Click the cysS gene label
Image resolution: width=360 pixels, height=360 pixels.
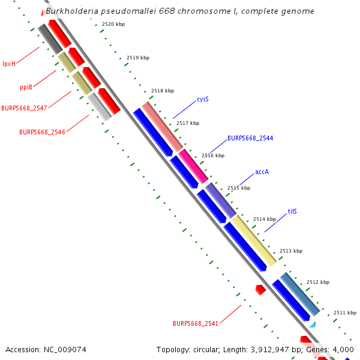[x=203, y=99]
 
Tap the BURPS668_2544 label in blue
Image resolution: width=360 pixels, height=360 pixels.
[x=250, y=138]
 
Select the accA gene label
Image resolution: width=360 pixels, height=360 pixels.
[x=262, y=172]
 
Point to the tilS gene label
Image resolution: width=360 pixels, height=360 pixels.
[x=292, y=211]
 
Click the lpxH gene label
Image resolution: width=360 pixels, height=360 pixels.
[x=9, y=63]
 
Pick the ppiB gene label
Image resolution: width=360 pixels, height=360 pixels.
[x=26, y=87]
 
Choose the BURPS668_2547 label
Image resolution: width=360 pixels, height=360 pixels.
[x=24, y=108]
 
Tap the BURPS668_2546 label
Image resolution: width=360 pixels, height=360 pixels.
[x=42, y=131]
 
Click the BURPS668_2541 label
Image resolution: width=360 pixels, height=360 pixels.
[x=196, y=323]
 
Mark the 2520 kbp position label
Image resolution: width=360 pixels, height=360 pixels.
[x=113, y=24]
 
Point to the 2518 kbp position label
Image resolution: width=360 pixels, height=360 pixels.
[x=163, y=91]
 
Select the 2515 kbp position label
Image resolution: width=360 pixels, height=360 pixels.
[x=238, y=188]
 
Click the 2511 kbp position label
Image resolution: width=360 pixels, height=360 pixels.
[x=345, y=313]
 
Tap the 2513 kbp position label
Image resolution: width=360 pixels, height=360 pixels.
[x=291, y=251]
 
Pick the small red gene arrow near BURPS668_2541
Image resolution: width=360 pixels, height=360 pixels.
[x=260, y=290]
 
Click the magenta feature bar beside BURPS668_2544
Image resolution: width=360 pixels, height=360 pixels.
[x=193, y=166]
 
